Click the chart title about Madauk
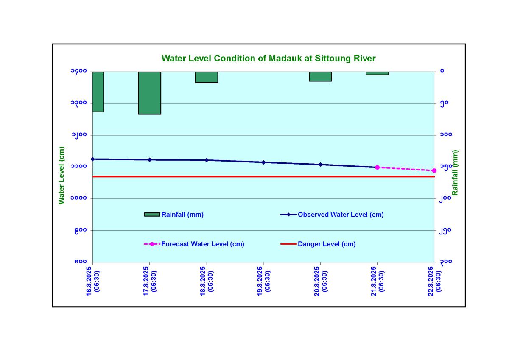[x=268, y=58]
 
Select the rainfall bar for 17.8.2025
[x=149, y=93]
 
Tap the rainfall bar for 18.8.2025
[x=206, y=77]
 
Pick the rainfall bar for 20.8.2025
[x=320, y=76]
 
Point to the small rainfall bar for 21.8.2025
[x=377, y=73]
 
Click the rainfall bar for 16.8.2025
[x=98, y=92]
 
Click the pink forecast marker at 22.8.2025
[x=434, y=170]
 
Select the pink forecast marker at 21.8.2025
[x=377, y=167]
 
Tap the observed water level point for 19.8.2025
[x=263, y=162]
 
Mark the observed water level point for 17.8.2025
[x=149, y=160]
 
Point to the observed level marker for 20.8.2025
[x=320, y=165]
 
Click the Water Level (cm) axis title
[x=62, y=175]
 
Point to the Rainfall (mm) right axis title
[x=455, y=173]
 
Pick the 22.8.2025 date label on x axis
[x=434, y=281]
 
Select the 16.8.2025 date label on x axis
[x=92, y=281]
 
